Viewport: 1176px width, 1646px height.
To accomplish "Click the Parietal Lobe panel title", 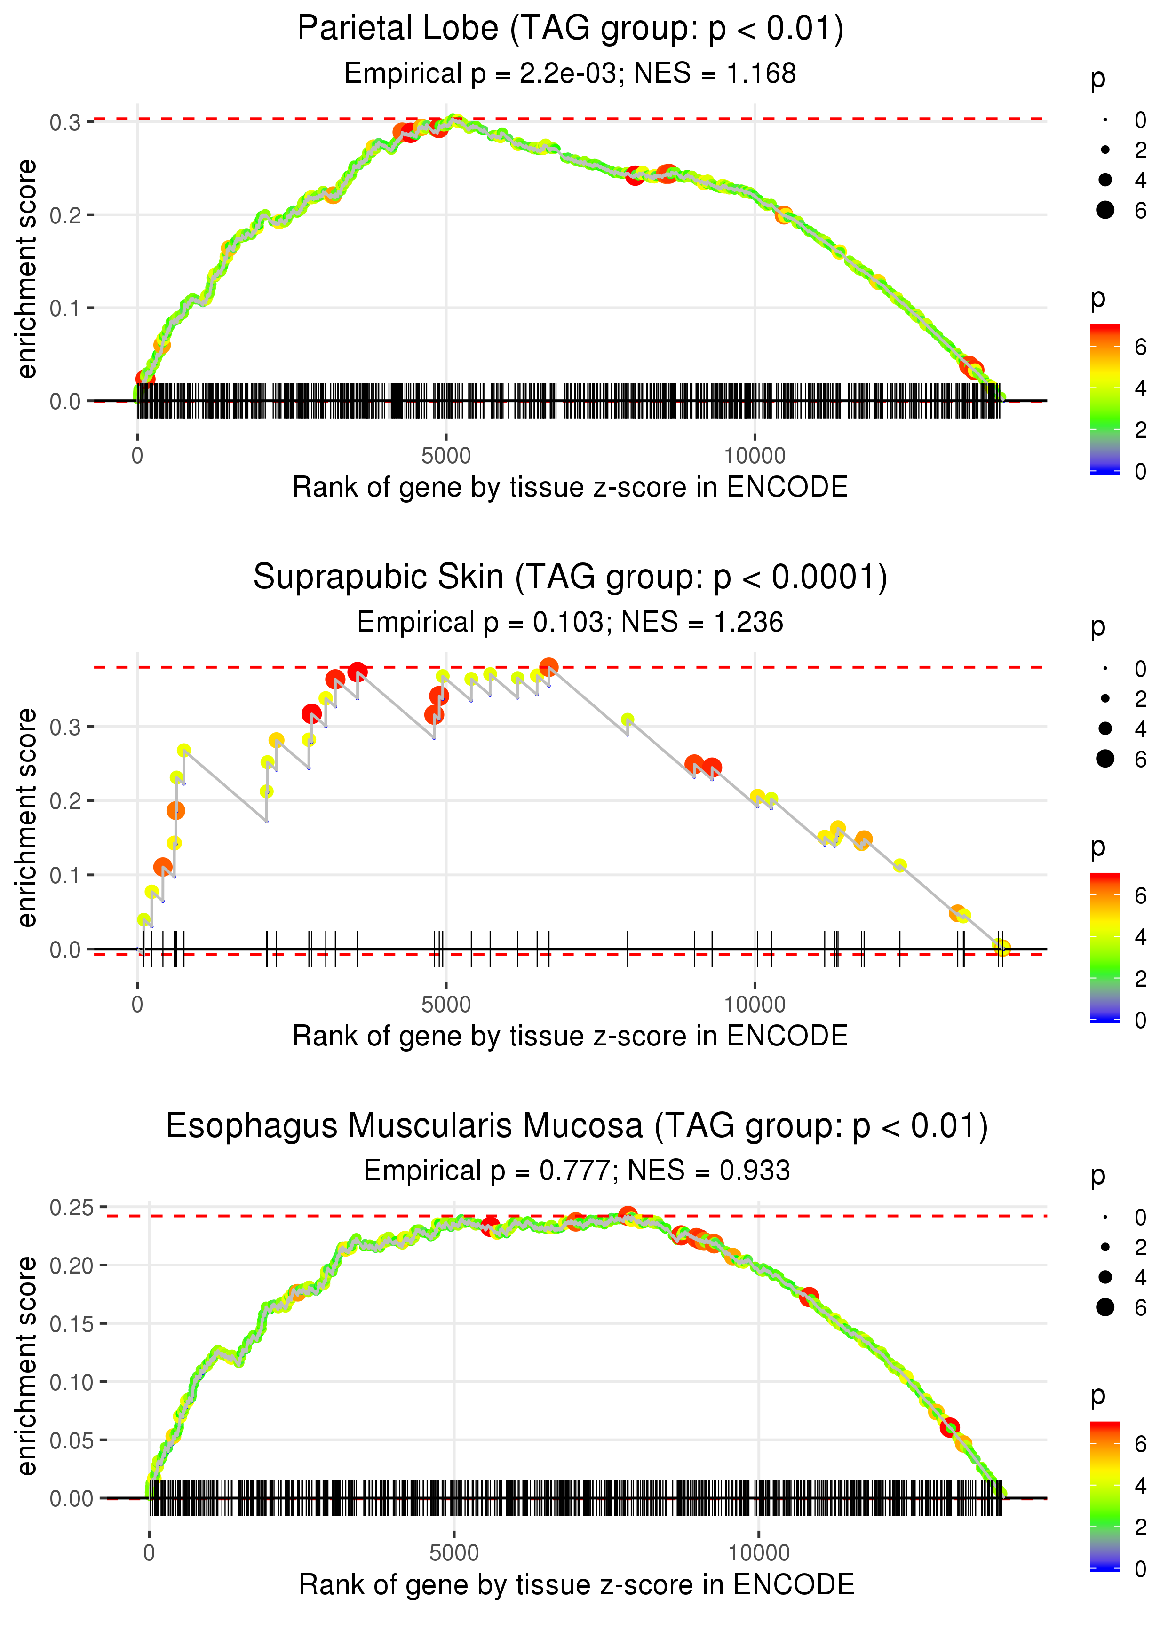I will (x=570, y=29).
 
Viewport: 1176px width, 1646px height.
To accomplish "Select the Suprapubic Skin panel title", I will (x=570, y=578).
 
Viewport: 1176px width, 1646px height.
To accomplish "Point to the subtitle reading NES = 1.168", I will (x=715, y=74).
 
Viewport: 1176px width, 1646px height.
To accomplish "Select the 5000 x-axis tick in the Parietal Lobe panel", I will (x=445, y=456).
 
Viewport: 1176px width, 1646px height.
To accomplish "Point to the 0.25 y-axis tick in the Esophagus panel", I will (x=71, y=1207).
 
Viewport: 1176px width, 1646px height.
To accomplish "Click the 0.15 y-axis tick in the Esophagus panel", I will (x=71, y=1324).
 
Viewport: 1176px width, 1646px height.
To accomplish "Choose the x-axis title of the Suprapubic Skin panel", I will (x=570, y=1037).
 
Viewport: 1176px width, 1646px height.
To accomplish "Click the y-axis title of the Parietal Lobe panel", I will (x=27, y=269).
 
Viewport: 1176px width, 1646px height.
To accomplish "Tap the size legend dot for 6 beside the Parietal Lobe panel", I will (x=1105, y=210).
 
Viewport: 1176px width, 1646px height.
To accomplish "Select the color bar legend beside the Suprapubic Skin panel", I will (x=1104, y=948).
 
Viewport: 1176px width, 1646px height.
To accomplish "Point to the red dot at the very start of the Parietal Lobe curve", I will (x=145, y=379).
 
